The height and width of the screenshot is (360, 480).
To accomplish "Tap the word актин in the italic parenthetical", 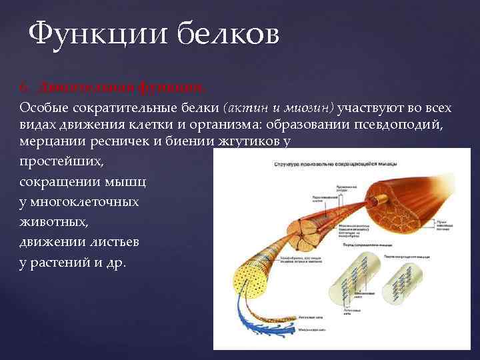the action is [x=249, y=107].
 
